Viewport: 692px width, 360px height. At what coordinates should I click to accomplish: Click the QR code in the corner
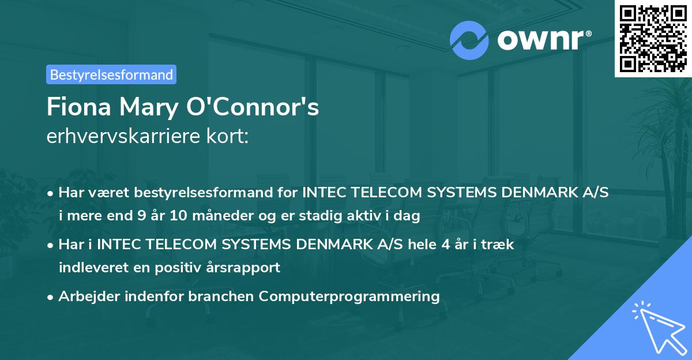653,38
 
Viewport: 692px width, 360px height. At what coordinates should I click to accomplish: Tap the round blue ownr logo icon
469,40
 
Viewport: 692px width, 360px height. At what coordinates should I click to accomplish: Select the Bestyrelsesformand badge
111,74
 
